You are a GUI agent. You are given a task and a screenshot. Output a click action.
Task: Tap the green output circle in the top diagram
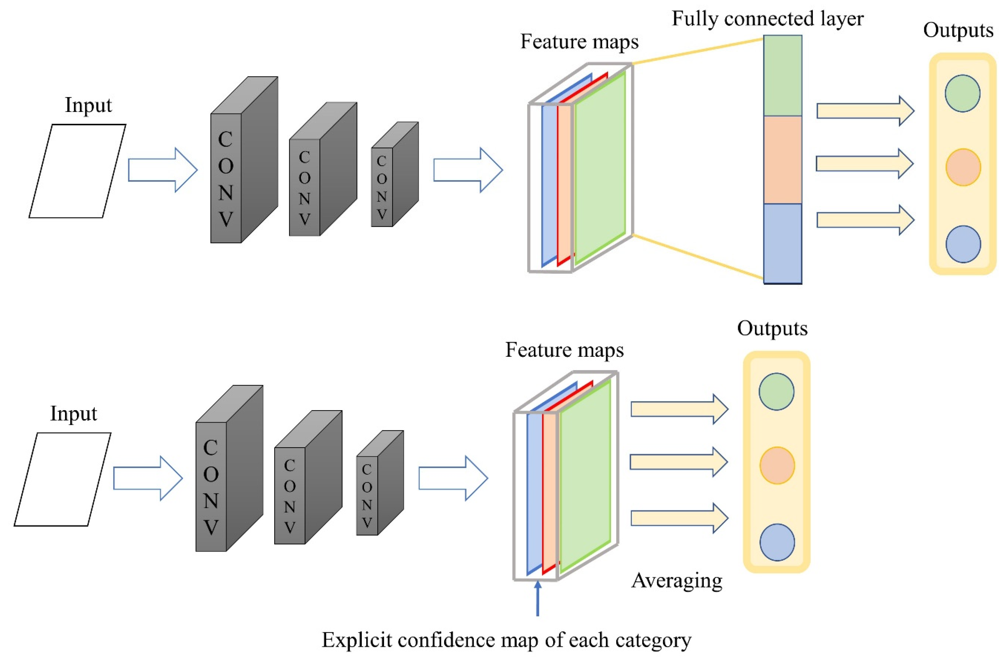click(x=962, y=93)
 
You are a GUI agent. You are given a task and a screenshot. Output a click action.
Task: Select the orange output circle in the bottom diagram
click(x=777, y=465)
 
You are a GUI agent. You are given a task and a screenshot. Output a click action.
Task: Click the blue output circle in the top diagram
click(x=963, y=244)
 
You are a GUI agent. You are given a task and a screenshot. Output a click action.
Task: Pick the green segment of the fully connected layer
click(x=782, y=75)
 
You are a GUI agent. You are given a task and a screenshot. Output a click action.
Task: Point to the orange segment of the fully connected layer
click(x=782, y=160)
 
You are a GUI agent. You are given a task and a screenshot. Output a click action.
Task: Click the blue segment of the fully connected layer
click(x=782, y=243)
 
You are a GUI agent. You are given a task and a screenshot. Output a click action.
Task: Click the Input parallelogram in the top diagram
click(x=77, y=171)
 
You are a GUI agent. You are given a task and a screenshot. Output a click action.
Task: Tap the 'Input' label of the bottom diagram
click(x=74, y=413)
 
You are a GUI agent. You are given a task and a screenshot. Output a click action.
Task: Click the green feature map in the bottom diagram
click(x=585, y=476)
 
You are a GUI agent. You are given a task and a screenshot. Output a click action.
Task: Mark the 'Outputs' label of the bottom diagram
click(x=772, y=328)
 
